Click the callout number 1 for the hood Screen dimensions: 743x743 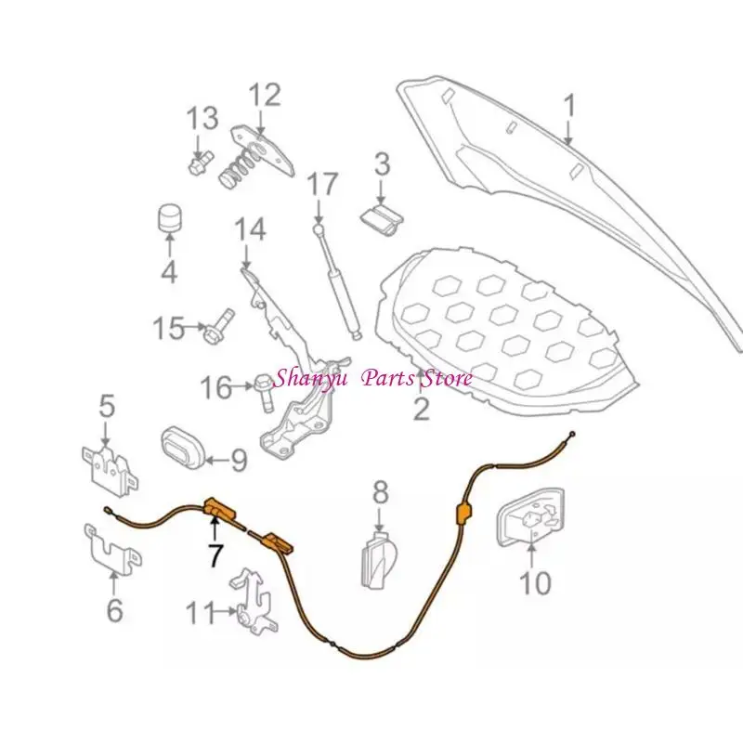coord(569,105)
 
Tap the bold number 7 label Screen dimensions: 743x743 coord(215,554)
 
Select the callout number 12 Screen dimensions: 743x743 coord(265,95)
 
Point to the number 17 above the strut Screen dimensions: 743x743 coord(322,183)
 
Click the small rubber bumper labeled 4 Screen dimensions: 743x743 coord(170,219)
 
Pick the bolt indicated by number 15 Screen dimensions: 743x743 coord(218,325)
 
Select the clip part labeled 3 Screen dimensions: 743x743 coord(382,221)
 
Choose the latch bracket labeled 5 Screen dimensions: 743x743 coord(111,471)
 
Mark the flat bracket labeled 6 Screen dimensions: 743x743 coord(112,550)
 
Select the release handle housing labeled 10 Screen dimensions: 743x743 coord(530,516)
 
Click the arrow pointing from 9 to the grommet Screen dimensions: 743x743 coord(217,459)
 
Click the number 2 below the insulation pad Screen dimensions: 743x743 coord(422,409)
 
